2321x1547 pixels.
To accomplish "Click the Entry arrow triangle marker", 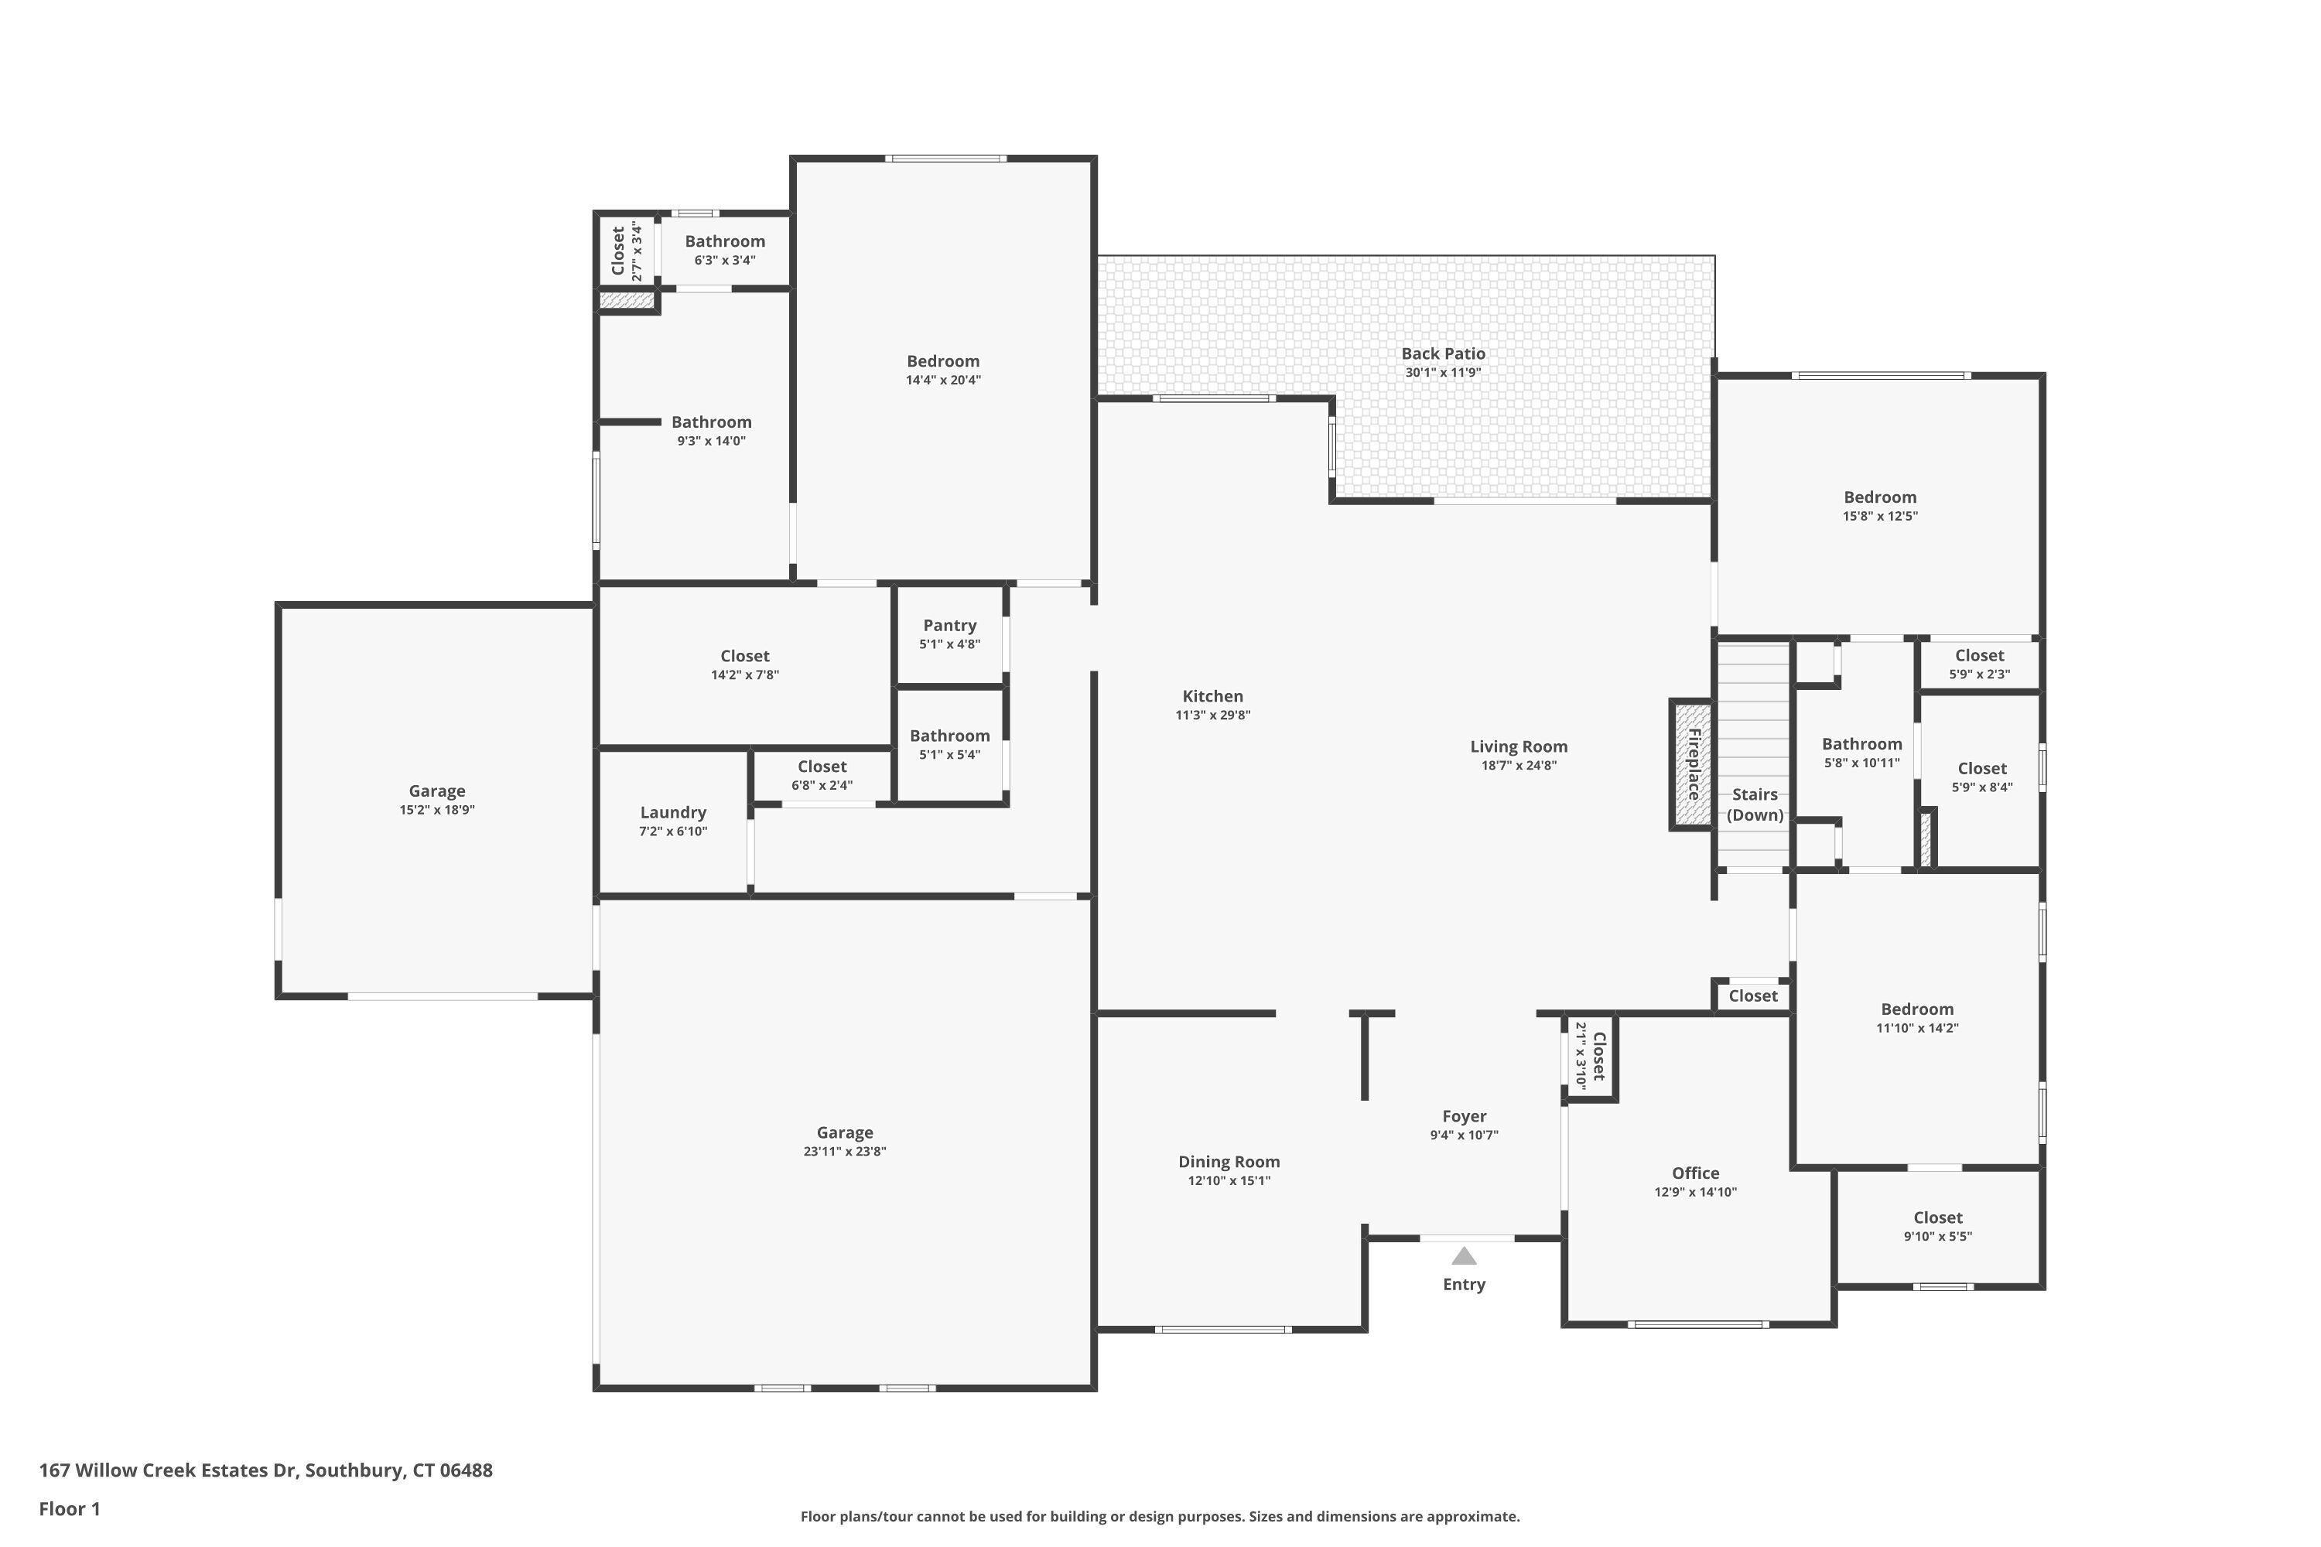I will [x=1464, y=1256].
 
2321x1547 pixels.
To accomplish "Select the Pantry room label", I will [x=949, y=626].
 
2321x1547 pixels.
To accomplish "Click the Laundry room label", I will [x=673, y=812].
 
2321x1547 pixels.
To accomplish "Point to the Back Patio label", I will [x=1443, y=353].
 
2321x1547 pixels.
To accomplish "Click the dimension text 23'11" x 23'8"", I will [x=845, y=1152].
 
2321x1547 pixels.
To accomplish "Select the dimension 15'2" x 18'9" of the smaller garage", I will [x=437, y=810].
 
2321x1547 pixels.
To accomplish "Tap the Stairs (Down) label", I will [x=1755, y=804].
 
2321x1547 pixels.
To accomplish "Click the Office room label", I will [x=1695, y=1173].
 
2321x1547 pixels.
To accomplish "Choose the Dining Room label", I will [x=1229, y=1163].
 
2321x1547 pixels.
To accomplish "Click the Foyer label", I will [x=1464, y=1116].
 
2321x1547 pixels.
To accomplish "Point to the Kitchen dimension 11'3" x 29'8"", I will [x=1213, y=715].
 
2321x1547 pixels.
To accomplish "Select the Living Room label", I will [x=1519, y=747].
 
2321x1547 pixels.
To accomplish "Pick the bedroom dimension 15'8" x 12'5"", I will [x=1880, y=516].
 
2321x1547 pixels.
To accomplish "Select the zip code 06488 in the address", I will [x=466, y=1470].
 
